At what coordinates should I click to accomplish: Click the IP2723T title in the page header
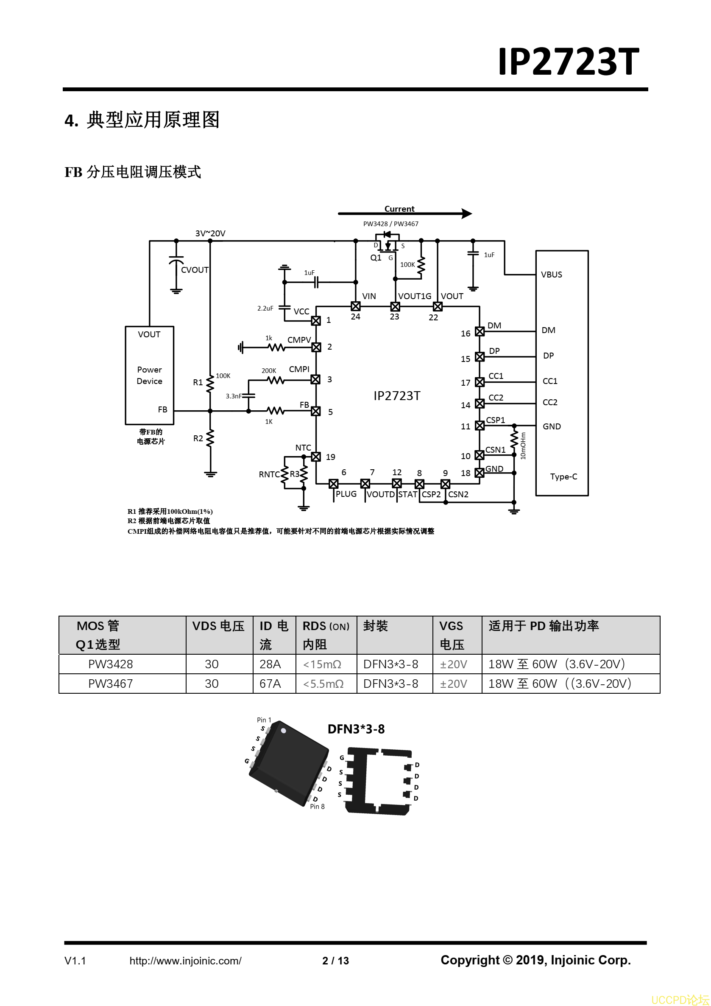tap(568, 62)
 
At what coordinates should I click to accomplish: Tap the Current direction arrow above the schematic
tap(405, 214)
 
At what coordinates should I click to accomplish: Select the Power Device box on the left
tap(150, 375)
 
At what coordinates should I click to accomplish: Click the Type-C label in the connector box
tap(563, 477)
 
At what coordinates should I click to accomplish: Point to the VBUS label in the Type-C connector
tap(552, 275)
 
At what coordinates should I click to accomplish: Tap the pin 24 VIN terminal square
tap(355, 307)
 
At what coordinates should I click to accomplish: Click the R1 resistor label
tap(198, 383)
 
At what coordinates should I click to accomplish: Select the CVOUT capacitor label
tap(195, 270)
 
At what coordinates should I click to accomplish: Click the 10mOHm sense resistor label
tap(523, 446)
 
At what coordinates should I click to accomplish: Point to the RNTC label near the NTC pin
tap(269, 474)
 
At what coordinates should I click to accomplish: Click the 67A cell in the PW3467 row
tap(270, 684)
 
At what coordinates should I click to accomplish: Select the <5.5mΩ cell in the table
tap(323, 684)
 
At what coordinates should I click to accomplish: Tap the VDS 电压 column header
tap(218, 626)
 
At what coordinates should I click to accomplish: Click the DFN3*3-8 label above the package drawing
tap(357, 729)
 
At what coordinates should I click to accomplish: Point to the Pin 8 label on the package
tap(318, 807)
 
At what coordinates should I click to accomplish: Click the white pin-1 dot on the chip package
tap(283, 731)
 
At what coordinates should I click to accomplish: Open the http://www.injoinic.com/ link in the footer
tap(186, 961)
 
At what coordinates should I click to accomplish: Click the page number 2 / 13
tap(336, 961)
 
